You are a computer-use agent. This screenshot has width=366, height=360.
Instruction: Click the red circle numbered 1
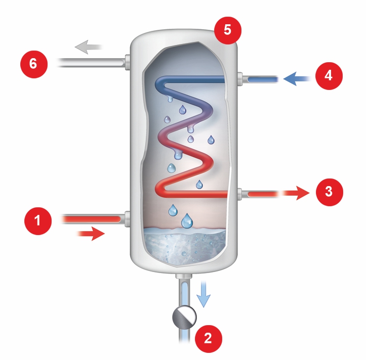37,221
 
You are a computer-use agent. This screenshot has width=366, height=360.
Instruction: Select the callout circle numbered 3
329,192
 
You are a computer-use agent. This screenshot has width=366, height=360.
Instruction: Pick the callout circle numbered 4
329,76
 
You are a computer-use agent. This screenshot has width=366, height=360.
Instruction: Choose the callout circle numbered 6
33,64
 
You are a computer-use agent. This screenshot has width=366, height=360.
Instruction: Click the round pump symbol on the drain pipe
184,317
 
